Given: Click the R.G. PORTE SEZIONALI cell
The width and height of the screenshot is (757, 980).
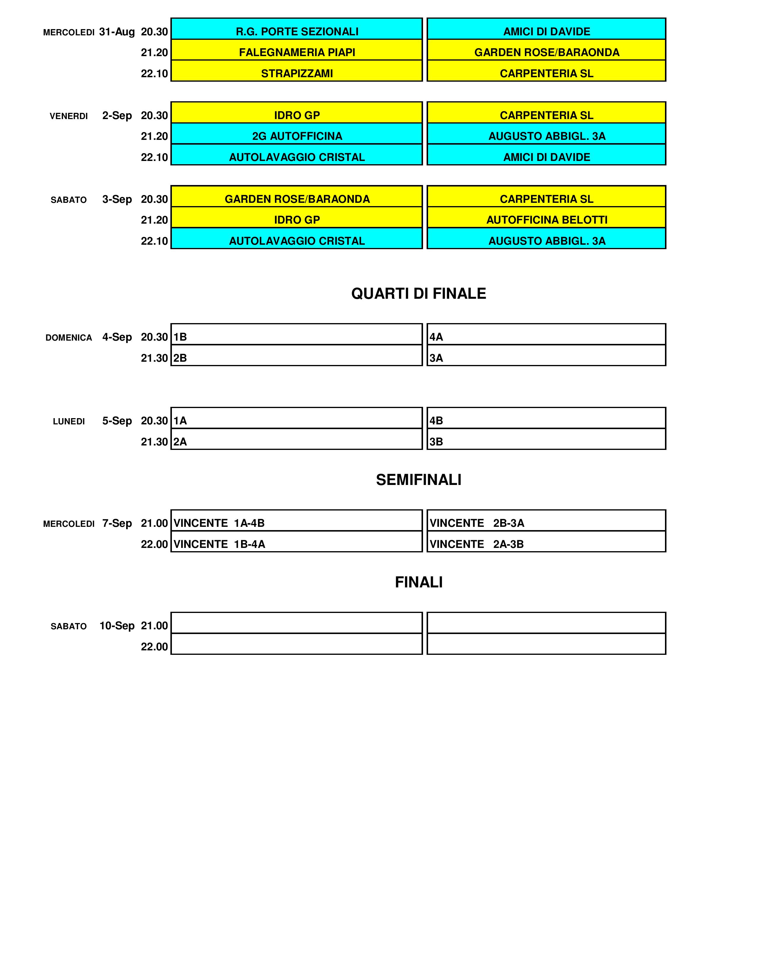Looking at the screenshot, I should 297,31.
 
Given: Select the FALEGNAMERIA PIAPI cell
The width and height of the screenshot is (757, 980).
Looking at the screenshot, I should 297,53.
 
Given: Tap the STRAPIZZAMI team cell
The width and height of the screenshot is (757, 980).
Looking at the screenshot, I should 297,73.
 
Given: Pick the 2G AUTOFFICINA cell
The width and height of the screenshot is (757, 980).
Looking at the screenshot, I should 297,136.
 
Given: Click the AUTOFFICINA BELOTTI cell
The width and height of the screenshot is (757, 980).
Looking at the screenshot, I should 547,220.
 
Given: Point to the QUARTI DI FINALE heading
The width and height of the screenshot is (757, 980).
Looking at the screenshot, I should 418,293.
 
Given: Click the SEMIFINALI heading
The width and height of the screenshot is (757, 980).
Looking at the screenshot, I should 418,480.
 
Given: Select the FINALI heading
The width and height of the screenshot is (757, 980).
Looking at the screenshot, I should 418,582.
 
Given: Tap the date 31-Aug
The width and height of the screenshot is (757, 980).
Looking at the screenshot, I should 117,32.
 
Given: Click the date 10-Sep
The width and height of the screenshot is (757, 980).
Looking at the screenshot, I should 117,625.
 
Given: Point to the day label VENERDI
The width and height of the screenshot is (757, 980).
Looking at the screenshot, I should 69,116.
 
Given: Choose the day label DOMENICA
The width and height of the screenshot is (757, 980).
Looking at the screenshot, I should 69,337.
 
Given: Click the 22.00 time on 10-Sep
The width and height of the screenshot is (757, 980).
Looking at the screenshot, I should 154,647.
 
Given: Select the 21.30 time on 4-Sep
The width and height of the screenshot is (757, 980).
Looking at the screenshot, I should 154,358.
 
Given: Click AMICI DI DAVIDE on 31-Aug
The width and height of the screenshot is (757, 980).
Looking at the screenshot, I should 547,31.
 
